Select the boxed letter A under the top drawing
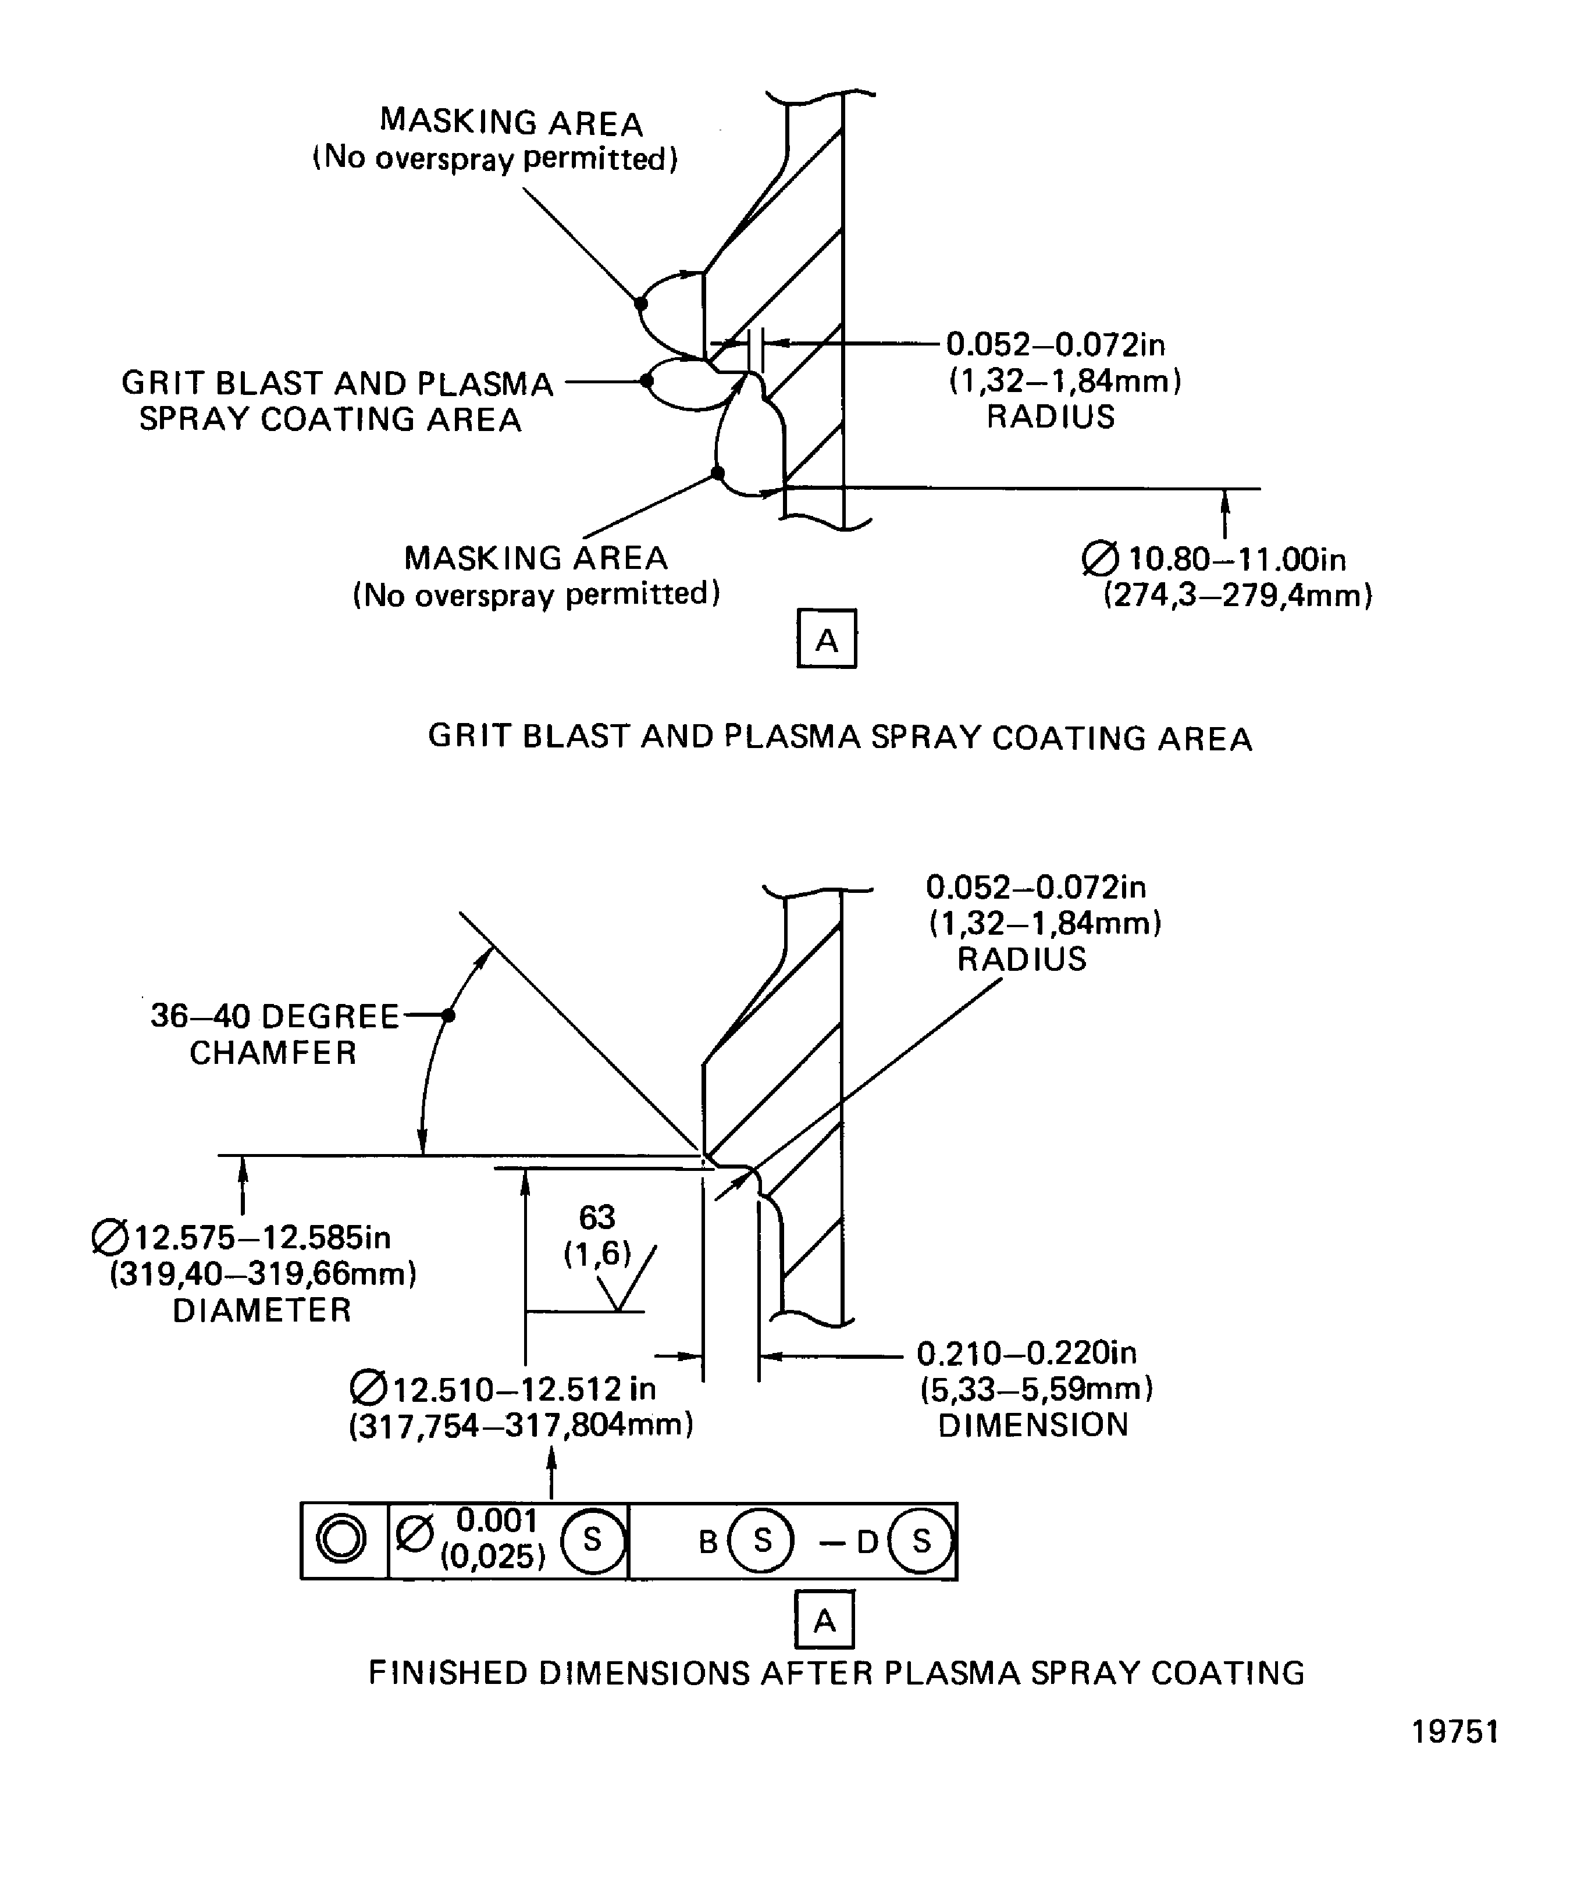click(x=826, y=639)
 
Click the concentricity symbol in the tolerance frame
click(x=341, y=1539)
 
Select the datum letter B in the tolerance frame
click(x=708, y=1541)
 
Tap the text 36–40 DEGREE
click(x=274, y=1016)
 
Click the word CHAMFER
click(x=273, y=1053)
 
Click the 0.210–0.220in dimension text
click(x=1026, y=1353)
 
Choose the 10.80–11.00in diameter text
click(x=1235, y=558)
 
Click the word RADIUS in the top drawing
click(x=1050, y=416)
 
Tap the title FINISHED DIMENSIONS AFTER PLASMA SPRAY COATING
click(x=836, y=1673)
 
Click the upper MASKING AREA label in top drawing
click(x=511, y=121)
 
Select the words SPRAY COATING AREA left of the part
click(x=330, y=419)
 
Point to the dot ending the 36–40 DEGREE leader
click(x=448, y=1015)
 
